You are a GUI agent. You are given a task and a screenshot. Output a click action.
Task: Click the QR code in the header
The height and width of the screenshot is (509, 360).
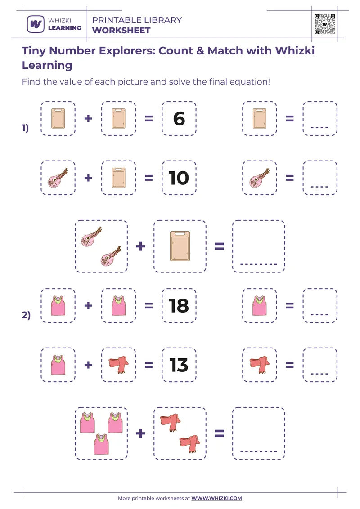pos(325,24)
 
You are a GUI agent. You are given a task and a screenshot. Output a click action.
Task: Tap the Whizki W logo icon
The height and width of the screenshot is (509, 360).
pos(35,24)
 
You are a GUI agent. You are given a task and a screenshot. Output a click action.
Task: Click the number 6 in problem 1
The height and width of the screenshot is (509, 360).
pos(179,119)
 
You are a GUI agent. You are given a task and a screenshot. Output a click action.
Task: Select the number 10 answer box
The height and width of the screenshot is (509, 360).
pos(179,178)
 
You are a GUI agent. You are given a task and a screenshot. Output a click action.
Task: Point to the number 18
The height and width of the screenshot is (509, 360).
pos(179,306)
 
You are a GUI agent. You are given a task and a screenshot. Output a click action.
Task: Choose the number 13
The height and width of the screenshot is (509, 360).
pos(179,365)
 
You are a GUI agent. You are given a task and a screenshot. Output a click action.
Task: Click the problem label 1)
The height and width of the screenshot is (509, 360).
pos(25,128)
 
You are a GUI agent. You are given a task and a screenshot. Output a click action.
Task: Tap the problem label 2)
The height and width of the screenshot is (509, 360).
pos(26,315)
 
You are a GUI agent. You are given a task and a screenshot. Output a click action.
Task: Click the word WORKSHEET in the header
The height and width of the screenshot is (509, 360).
pos(121,31)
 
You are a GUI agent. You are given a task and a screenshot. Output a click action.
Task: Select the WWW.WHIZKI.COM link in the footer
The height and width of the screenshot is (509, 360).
pos(217,498)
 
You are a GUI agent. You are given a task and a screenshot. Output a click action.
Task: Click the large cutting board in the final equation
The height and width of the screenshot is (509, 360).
pos(180,246)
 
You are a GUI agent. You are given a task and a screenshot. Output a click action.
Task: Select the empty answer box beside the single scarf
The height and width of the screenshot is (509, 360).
pos(320,365)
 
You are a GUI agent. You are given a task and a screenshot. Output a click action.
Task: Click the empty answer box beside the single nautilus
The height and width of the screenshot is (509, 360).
pos(320,178)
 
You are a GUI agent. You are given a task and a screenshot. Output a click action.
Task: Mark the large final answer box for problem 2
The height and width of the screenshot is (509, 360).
pos(259,433)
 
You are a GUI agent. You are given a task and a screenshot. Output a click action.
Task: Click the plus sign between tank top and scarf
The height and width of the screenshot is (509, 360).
pos(88,365)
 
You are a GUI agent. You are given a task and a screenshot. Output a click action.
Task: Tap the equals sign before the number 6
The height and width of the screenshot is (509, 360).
pos(148,119)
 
